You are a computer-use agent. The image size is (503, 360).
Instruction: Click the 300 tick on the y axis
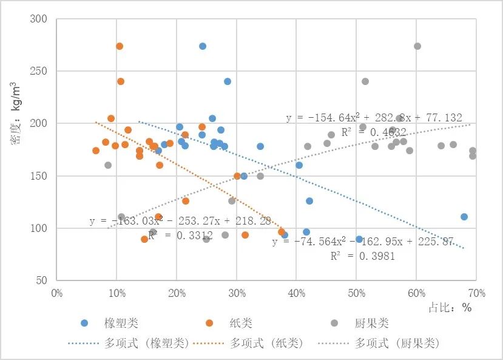tap(39, 19)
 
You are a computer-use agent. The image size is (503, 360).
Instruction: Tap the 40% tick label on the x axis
tap(295, 293)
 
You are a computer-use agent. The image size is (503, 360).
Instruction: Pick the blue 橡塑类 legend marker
tap(84, 323)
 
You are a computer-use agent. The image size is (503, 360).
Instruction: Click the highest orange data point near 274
tap(120, 46)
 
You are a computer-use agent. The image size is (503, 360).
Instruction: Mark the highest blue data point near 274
tap(203, 46)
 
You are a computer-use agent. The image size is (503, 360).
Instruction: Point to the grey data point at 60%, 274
tap(417, 46)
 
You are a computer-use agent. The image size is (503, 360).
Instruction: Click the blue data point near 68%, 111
tap(464, 217)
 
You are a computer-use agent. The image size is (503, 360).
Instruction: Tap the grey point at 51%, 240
tap(365, 81)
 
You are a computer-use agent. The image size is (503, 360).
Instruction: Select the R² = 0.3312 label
tap(177, 236)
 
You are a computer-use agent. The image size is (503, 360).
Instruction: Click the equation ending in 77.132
tap(374, 118)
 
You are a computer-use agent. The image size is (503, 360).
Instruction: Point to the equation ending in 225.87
tap(363, 242)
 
